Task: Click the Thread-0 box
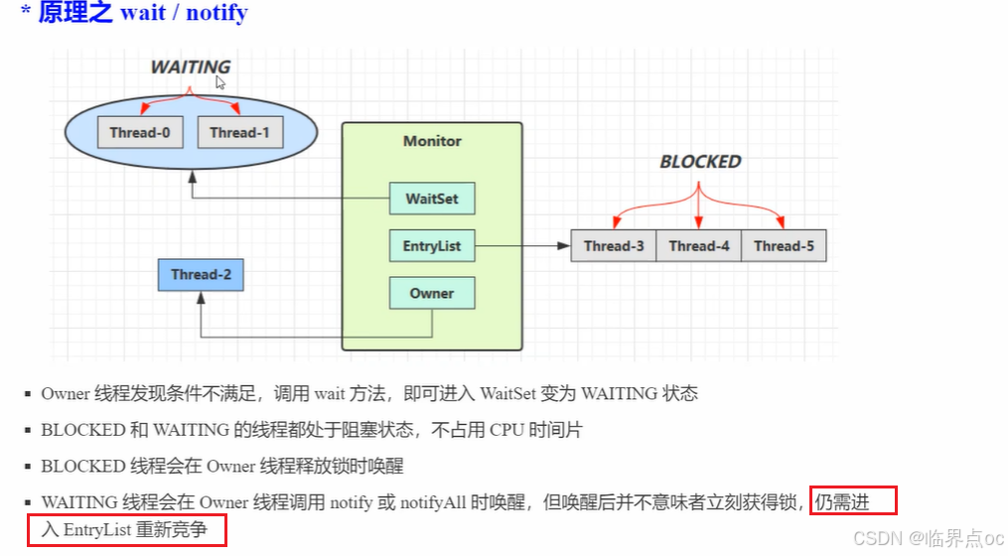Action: click(x=140, y=133)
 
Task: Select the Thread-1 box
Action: click(x=240, y=133)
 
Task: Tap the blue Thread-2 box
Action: click(x=201, y=275)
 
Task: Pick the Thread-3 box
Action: click(x=614, y=246)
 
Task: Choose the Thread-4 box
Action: click(x=699, y=246)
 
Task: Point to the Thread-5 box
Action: click(x=784, y=246)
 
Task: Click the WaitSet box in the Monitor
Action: click(x=432, y=199)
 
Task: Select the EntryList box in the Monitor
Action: click(x=432, y=246)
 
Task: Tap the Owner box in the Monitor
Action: click(x=432, y=294)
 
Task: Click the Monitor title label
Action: click(x=432, y=141)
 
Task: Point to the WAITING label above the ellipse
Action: click(x=191, y=68)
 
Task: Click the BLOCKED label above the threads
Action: click(x=700, y=162)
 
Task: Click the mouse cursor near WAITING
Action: click(x=220, y=83)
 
